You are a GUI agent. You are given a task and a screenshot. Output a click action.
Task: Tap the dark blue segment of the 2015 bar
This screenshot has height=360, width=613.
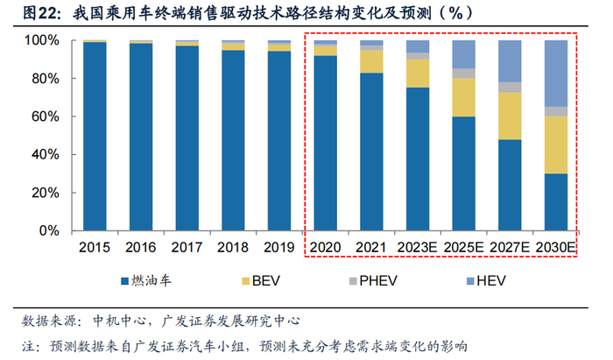coord(95,136)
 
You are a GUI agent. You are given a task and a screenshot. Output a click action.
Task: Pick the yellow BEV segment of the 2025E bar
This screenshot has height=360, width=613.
coord(463,97)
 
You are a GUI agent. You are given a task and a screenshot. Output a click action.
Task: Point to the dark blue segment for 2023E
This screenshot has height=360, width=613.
coord(417,158)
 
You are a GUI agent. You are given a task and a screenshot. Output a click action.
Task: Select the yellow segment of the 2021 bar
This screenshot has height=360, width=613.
coord(370,61)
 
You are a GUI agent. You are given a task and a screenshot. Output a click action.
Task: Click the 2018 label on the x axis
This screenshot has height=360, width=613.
coord(233,248)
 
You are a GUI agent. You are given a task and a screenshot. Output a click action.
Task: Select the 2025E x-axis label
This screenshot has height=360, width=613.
coord(463,248)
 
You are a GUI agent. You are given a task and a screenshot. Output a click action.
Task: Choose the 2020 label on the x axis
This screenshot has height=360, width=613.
coord(325,248)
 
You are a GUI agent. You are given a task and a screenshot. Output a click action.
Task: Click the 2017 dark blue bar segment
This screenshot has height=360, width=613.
coord(187,138)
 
